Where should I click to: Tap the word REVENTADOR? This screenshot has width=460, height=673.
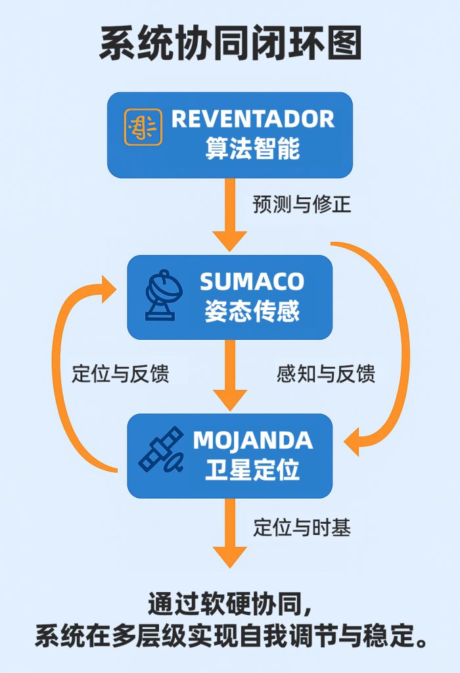point(253,119)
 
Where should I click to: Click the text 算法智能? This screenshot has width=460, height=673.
point(252,149)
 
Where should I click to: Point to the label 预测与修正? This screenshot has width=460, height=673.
point(302,204)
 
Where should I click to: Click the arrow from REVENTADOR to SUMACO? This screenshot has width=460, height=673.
point(230,214)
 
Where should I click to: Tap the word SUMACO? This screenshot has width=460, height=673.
point(252,281)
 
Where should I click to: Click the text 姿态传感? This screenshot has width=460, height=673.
point(252,310)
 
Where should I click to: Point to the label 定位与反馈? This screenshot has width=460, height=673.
point(120,373)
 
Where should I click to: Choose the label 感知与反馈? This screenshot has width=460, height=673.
point(327,373)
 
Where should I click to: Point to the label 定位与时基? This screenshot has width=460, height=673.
point(302,527)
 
